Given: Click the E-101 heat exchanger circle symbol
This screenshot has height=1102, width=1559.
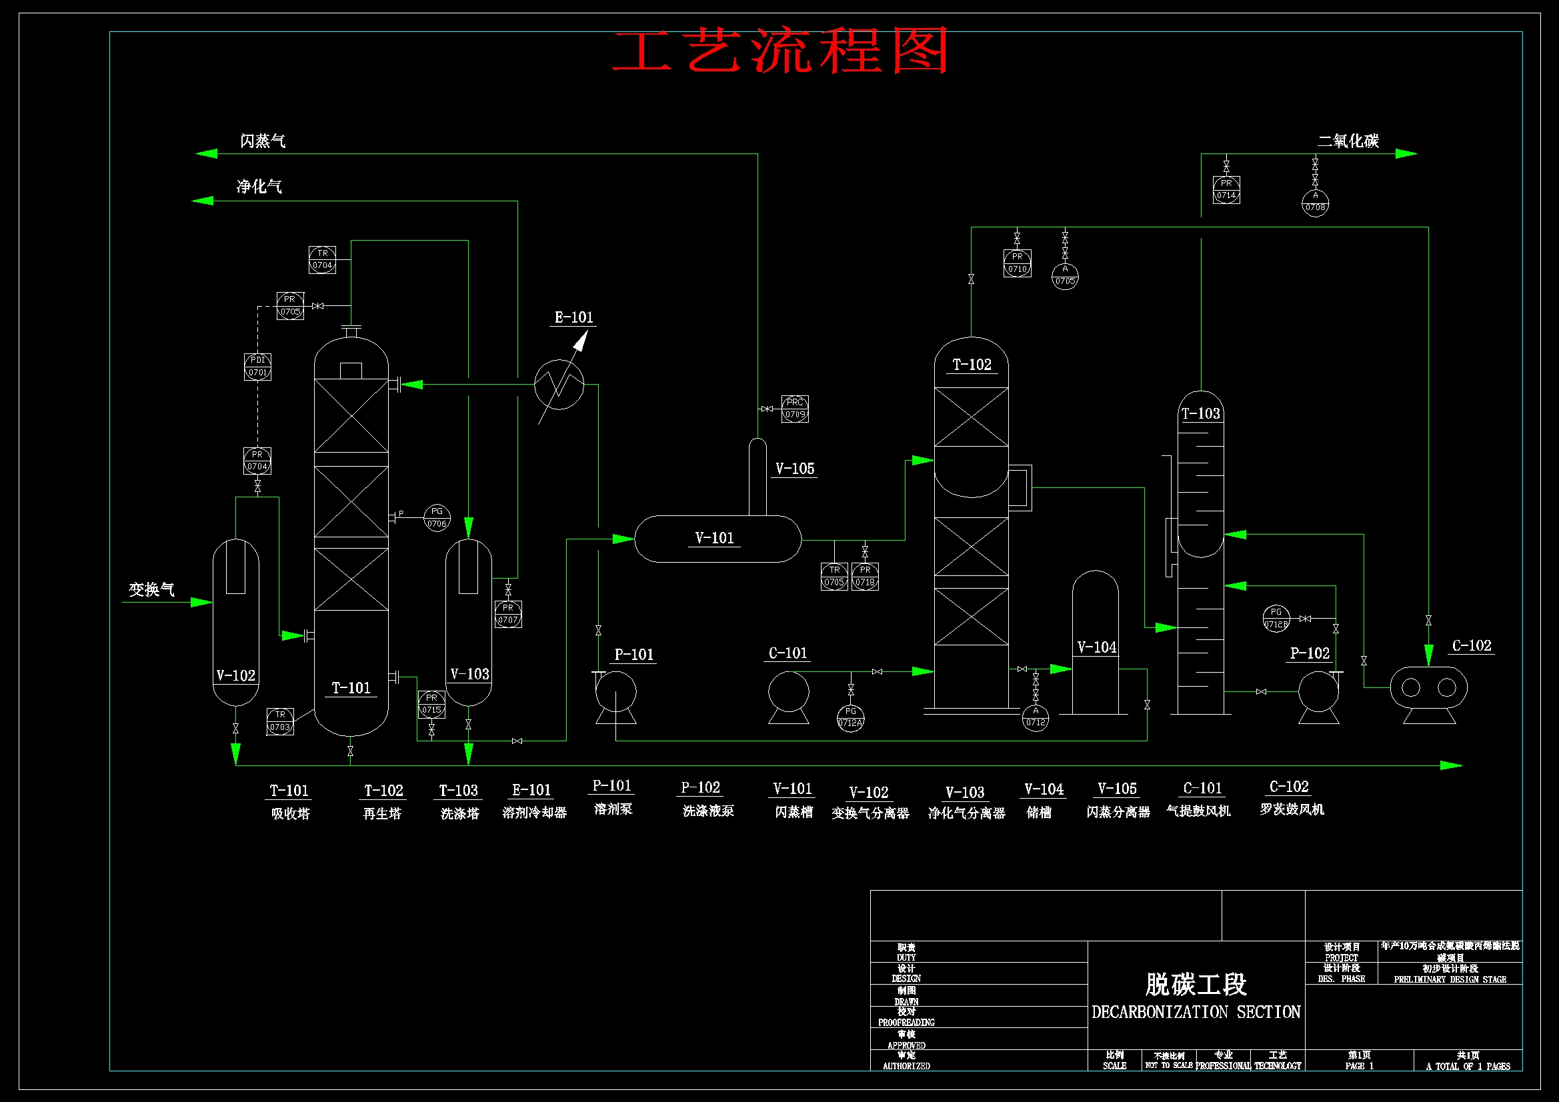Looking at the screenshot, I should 559,384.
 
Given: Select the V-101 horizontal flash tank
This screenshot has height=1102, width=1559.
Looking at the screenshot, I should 717,539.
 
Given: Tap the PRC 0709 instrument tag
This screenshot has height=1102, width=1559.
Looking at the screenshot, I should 794,409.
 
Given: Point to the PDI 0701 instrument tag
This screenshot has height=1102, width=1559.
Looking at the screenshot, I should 257,367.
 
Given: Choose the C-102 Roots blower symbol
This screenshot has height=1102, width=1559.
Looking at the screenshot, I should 1428,689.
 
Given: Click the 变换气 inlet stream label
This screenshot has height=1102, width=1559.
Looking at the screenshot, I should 152,589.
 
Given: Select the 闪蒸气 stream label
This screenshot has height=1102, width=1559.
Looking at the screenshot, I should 263,141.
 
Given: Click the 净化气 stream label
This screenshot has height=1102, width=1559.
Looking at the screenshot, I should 259,187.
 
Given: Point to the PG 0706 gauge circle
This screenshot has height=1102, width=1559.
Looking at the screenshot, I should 437,517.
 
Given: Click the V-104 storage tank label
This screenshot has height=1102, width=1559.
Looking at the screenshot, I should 1096,647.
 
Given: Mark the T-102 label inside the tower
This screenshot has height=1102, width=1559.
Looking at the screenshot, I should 972,365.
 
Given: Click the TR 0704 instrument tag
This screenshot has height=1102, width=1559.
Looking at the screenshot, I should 322,259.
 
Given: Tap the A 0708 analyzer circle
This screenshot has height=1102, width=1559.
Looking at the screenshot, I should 1314,203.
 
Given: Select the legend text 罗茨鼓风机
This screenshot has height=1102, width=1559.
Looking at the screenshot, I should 1292,809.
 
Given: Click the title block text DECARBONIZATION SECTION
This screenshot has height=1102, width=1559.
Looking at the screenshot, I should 1195,1013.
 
